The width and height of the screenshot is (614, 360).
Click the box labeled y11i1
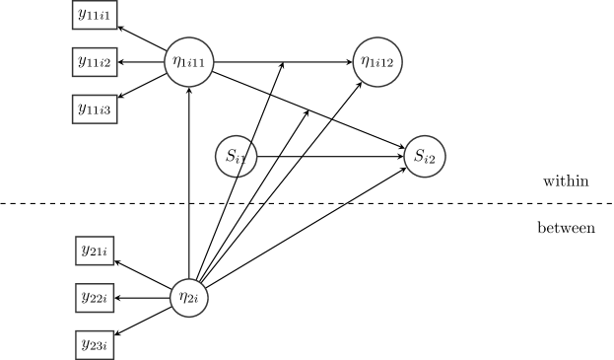pyautogui.click(x=96, y=15)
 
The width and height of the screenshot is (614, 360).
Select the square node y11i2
pyautogui.click(x=96, y=62)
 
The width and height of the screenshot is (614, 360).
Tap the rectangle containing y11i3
pyautogui.click(x=96, y=108)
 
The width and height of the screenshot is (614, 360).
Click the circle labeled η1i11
pyautogui.click(x=188, y=62)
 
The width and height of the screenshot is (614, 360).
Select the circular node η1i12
pyautogui.click(x=377, y=62)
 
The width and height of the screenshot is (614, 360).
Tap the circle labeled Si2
pyautogui.click(x=425, y=156)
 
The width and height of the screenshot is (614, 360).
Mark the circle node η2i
pyautogui.click(x=189, y=298)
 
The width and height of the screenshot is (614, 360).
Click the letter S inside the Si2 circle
pyautogui.click(x=419, y=155)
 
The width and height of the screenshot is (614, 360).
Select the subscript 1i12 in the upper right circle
pyautogui.click(x=382, y=65)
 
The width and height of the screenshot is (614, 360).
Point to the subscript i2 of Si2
pyautogui.click(x=431, y=159)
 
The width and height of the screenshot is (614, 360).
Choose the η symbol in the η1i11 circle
pyautogui.click(x=176, y=62)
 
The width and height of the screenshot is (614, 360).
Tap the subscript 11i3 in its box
pyautogui.click(x=101, y=111)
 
